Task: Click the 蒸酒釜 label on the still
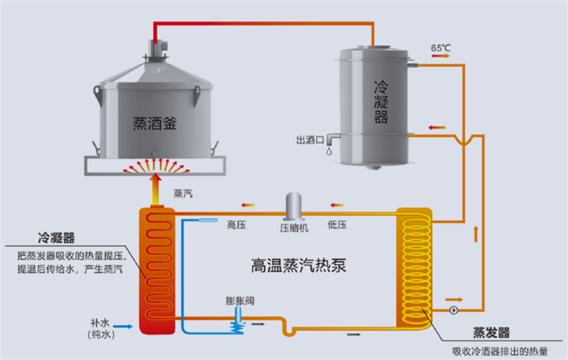tap(154, 123)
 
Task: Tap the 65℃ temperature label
tap(441, 47)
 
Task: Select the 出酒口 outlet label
tap(311, 139)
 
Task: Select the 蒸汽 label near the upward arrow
tap(183, 194)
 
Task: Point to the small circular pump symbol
tap(453, 310)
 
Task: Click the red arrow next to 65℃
tap(441, 56)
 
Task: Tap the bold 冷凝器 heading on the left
tap(56, 238)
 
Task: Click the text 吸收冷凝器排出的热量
tap(499, 351)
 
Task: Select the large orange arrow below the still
tap(154, 188)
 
